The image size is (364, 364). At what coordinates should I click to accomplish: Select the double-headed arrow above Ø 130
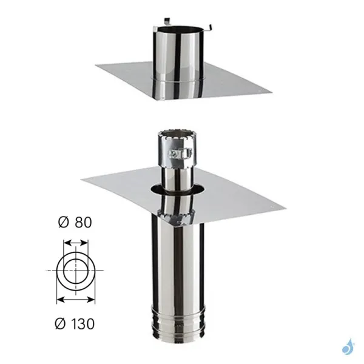(75, 299)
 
